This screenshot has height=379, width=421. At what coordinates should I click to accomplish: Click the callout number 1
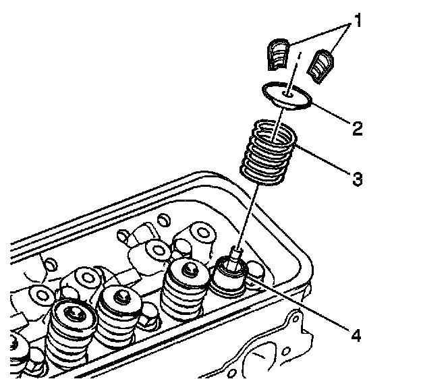click(x=358, y=21)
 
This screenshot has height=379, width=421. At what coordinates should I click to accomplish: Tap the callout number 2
click(x=358, y=125)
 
